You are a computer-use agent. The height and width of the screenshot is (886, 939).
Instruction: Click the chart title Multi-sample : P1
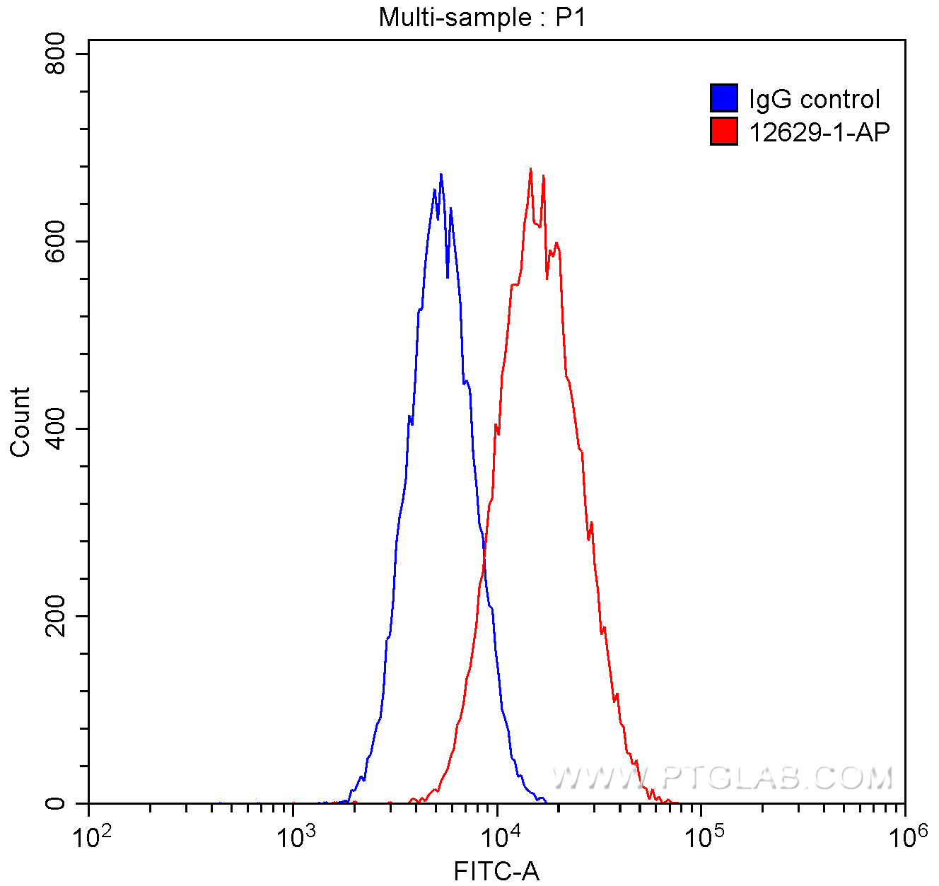pyautogui.click(x=482, y=17)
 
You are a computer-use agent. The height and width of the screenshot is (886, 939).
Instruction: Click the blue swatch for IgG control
pyautogui.click(x=723, y=98)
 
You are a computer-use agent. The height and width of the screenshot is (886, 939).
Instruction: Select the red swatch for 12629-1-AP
pyautogui.click(x=723, y=132)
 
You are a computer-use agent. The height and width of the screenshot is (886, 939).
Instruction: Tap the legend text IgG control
pyautogui.click(x=814, y=99)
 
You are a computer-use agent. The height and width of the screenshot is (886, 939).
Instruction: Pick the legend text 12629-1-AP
pyautogui.click(x=819, y=132)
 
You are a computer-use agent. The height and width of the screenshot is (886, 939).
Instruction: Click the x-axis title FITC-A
pyautogui.click(x=496, y=872)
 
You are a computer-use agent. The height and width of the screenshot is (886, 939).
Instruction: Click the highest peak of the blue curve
pyautogui.click(x=441, y=174)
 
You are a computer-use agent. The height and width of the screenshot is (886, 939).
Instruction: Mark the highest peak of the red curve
pyautogui.click(x=530, y=169)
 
